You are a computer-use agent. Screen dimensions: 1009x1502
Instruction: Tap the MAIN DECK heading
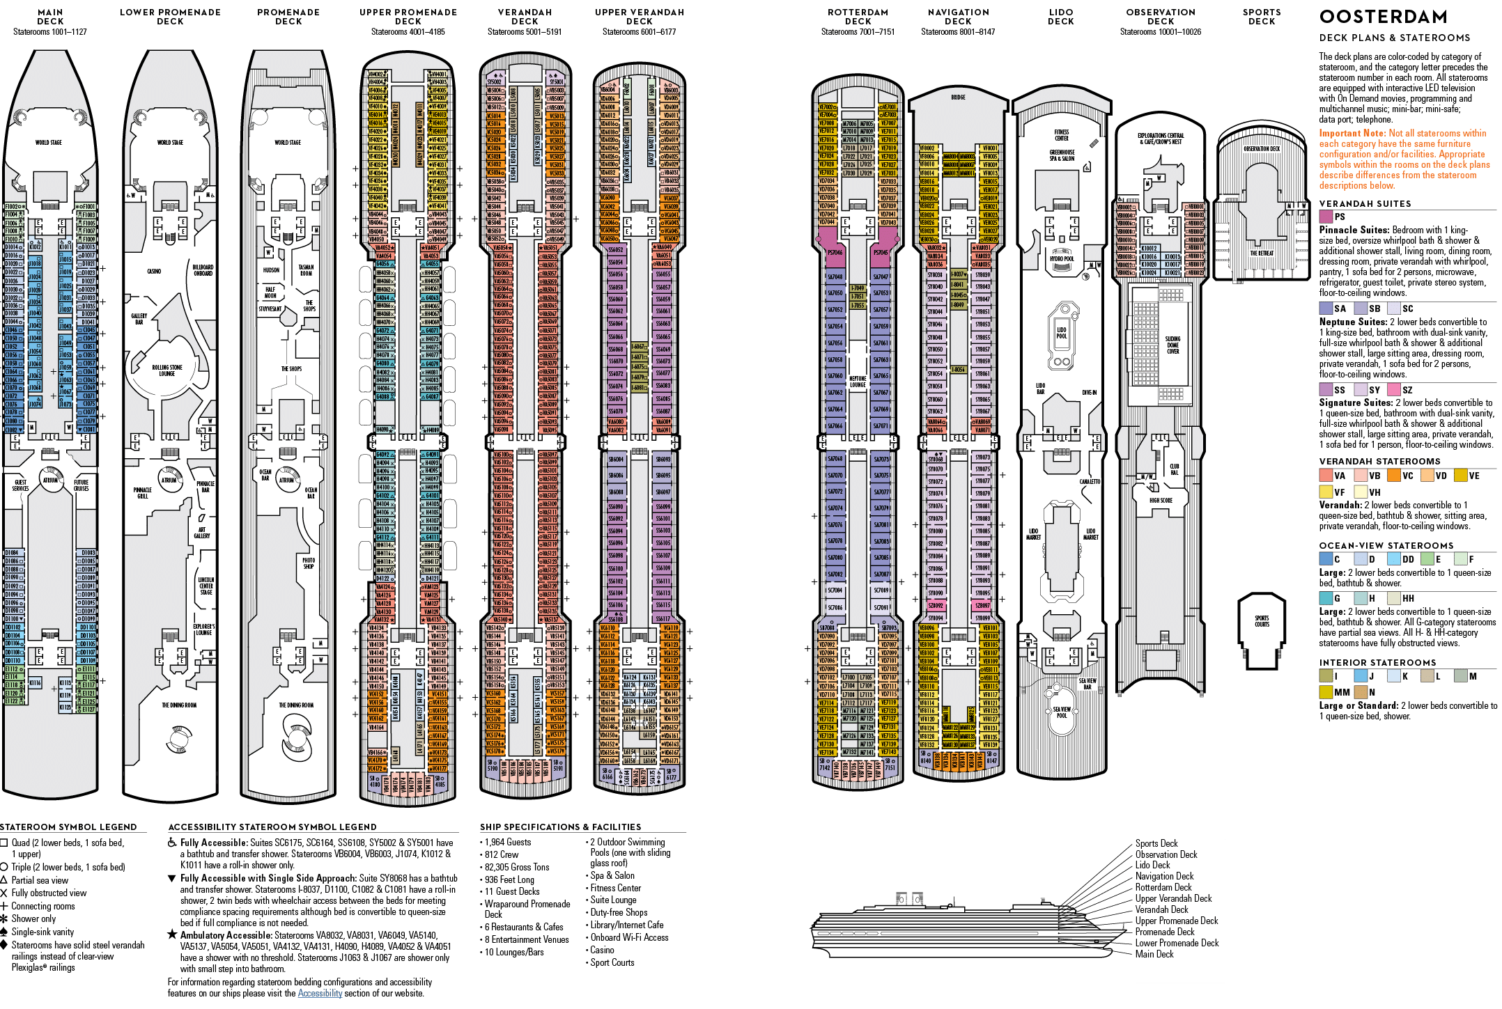tap(50, 17)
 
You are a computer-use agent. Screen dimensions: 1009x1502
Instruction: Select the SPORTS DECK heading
tap(1262, 17)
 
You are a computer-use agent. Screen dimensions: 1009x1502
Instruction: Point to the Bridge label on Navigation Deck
tap(959, 97)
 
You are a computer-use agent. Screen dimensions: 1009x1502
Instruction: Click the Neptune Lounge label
tap(858, 382)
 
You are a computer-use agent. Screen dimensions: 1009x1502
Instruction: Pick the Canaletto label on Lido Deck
tap(1090, 482)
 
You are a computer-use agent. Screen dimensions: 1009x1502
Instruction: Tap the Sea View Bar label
tap(1087, 683)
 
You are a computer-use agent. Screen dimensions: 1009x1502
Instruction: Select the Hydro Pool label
tap(1062, 259)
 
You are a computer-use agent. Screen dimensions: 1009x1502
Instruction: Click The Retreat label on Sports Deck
tap(1262, 253)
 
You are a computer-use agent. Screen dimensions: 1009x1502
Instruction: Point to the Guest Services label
tap(20, 485)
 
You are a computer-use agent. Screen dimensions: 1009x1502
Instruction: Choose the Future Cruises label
tap(81, 485)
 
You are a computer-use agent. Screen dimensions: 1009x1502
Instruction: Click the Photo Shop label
tap(309, 563)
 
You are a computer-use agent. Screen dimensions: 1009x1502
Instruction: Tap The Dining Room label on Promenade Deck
tap(296, 705)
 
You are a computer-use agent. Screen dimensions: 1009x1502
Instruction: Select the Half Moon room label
tap(270, 292)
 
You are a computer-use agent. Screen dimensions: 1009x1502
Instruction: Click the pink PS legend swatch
tap(1326, 217)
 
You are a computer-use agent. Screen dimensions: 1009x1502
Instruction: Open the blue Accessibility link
tap(320, 993)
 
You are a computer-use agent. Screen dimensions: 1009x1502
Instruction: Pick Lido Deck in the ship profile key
tap(1152, 865)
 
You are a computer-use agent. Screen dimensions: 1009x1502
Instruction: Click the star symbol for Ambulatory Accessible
tap(172, 934)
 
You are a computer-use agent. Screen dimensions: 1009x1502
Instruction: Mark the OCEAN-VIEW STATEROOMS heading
tap(1386, 545)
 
